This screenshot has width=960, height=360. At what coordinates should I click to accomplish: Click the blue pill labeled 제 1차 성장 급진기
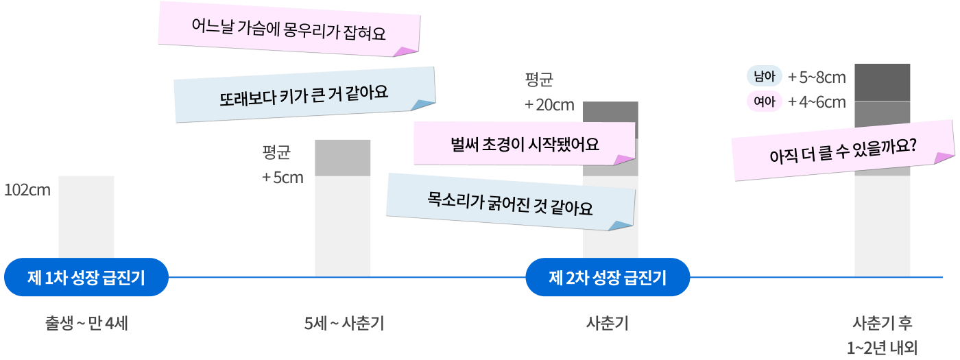pyautogui.click(x=86, y=278)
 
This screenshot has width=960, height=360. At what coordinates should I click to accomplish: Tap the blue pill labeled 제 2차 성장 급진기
pyautogui.click(x=608, y=278)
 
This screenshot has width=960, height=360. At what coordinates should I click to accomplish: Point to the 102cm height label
pyautogui.click(x=27, y=190)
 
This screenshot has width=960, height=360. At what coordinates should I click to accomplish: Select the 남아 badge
pyautogui.click(x=764, y=77)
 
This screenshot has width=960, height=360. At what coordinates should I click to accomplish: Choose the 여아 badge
pyautogui.click(x=764, y=102)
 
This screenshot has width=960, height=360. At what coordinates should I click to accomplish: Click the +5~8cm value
pyautogui.click(x=817, y=77)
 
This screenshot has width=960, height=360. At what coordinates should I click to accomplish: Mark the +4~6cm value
pyautogui.click(x=817, y=102)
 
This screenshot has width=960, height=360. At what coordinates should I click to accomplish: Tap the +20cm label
pyautogui.click(x=549, y=105)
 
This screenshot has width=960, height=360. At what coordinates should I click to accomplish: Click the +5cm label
pyautogui.click(x=283, y=178)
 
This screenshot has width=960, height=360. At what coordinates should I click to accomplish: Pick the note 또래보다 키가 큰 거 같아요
pyautogui.click(x=304, y=94)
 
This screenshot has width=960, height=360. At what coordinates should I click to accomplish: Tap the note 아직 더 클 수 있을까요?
pyautogui.click(x=843, y=150)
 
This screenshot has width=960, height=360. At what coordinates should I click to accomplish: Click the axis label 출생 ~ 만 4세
pyautogui.click(x=86, y=322)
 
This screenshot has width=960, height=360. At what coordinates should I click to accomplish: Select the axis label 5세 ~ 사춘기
pyautogui.click(x=344, y=322)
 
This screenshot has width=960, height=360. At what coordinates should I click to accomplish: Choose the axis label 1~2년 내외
pyautogui.click(x=882, y=347)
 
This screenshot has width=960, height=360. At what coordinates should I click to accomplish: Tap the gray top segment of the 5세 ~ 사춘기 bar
pyautogui.click(x=343, y=157)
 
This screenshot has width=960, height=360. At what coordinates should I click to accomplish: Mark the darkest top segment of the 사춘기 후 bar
pyautogui.click(x=882, y=82)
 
